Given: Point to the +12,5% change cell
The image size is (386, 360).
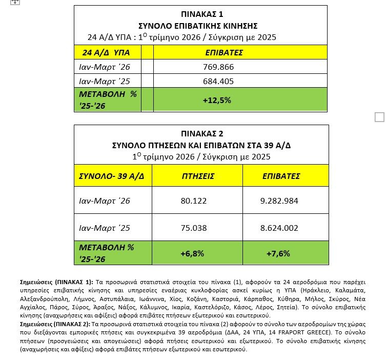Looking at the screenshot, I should (217, 100).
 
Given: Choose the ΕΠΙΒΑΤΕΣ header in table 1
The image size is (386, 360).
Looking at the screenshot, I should (224, 53).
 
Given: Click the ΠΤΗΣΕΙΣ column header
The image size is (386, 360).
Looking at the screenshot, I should (198, 176).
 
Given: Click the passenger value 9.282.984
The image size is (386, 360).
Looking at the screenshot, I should (279, 201).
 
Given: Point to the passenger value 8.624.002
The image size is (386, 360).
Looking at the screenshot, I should (279, 228).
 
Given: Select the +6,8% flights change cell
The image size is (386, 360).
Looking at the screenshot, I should (192, 253).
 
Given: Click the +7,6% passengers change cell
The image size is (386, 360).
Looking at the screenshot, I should (278, 253).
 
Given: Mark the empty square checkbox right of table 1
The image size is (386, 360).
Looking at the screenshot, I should (379, 117).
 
